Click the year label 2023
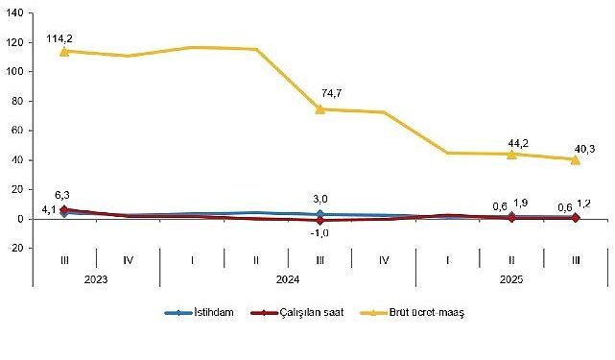point(96,276)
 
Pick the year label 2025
point(511,276)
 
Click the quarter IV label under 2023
point(128,258)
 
